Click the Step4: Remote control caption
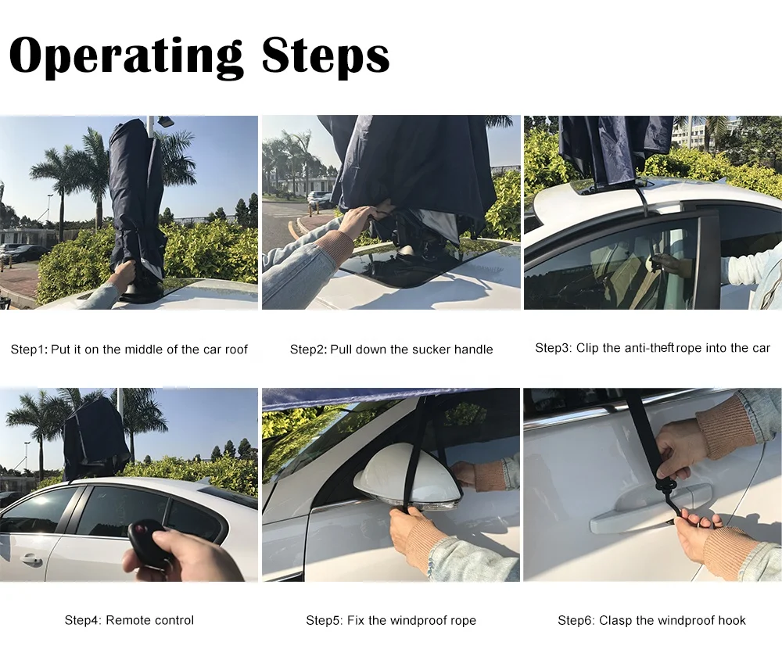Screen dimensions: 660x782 coord(129,620)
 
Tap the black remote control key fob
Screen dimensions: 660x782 coord(150,543)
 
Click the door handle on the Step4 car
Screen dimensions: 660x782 coord(31,560)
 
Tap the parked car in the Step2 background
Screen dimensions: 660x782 coord(319,199)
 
